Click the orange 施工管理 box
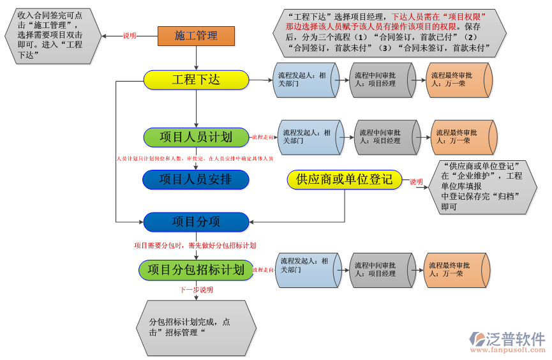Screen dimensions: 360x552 pyautogui.click(x=196, y=36)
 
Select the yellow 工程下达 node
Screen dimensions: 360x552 pyautogui.click(x=196, y=80)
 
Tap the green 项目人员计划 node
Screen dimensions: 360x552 pyautogui.click(x=196, y=137)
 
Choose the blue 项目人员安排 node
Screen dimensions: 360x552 pyautogui.click(x=196, y=179)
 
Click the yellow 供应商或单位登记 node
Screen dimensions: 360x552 pyautogui.click(x=345, y=179)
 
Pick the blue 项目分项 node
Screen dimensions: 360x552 pyautogui.click(x=196, y=221)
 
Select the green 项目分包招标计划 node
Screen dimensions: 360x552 pyautogui.click(x=196, y=269)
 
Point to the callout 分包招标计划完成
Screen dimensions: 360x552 pyautogui.click(x=196, y=327)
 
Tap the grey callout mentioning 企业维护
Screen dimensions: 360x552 pyautogui.click(x=484, y=186)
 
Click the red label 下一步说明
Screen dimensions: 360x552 pyautogui.click(x=196, y=290)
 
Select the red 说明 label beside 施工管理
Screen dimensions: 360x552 pyautogui.click(x=130, y=36)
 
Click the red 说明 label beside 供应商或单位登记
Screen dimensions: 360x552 pyautogui.click(x=417, y=181)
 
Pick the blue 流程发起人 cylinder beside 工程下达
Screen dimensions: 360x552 pyautogui.click(x=304, y=80)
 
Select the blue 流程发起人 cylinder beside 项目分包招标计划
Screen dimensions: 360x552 pyautogui.click(x=307, y=269)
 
